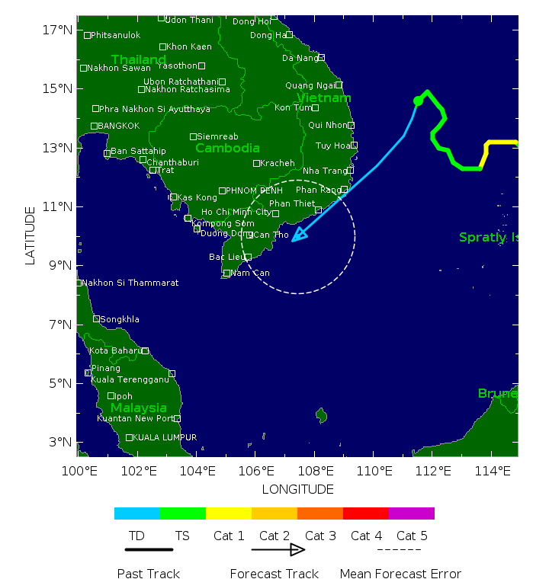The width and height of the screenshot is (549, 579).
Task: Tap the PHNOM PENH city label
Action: [x=254, y=190]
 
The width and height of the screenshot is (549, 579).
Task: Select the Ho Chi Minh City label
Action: [x=236, y=212]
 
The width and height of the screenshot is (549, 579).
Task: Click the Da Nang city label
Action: [x=300, y=58]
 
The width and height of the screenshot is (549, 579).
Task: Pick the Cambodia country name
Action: [x=227, y=148]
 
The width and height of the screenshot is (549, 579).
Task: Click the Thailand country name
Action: [x=139, y=59]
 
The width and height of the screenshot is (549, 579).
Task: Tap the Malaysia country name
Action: [x=139, y=408]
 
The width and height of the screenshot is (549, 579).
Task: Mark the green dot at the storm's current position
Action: [x=418, y=101]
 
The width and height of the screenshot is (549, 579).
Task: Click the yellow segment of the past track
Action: [x=499, y=142]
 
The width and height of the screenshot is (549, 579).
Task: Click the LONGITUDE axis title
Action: [x=297, y=489]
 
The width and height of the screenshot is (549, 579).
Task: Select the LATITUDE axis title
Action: [x=30, y=235]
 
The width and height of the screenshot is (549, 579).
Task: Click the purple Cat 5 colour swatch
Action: [x=412, y=513]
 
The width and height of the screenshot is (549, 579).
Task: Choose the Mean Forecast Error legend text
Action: [x=400, y=574]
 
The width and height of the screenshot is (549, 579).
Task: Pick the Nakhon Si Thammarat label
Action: [x=130, y=283]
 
